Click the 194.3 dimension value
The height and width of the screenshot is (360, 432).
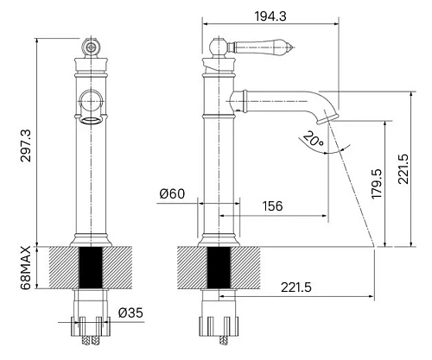pyautogui.click(x=270, y=16)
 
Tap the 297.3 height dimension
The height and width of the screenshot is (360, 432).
pyautogui.click(x=26, y=146)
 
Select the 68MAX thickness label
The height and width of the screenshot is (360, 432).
pyautogui.click(x=26, y=268)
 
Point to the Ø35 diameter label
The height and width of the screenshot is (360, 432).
pyautogui.click(x=130, y=313)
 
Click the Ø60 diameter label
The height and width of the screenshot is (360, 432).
pyautogui.click(x=172, y=194)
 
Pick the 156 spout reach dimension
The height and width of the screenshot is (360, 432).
pyautogui.click(x=272, y=206)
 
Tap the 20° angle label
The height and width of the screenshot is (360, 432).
pyautogui.click(x=314, y=139)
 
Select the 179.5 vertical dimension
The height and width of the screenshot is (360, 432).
pyautogui.click(x=377, y=184)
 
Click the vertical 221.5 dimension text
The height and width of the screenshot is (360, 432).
pyautogui.click(x=403, y=169)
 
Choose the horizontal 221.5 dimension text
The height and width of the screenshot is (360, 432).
pyautogui.click(x=296, y=287)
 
